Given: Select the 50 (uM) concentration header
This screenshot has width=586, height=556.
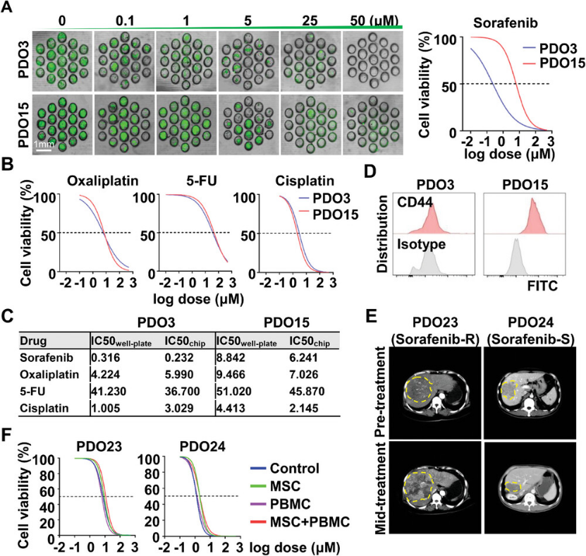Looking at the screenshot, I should click(x=376, y=15).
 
